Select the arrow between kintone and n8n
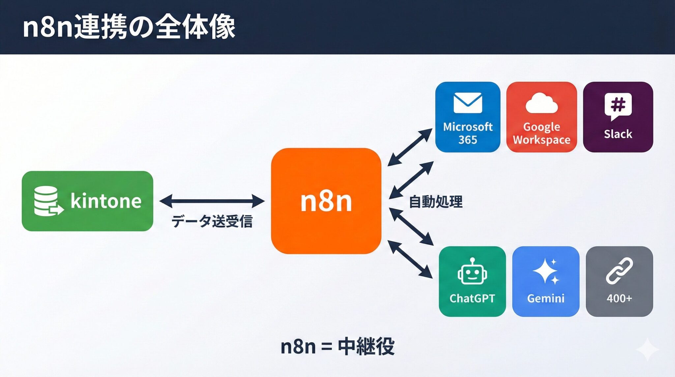[212, 201]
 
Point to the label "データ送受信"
[212, 221]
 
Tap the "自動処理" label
[435, 202]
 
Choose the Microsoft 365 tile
[468, 117]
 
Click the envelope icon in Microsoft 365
[468, 103]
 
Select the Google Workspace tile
[542, 117]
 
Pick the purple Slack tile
[618, 117]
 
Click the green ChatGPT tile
[472, 281]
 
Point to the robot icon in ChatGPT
[472, 272]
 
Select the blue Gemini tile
[546, 281]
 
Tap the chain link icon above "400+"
[619, 271]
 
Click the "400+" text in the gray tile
[619, 298]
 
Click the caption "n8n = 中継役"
[337, 346]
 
